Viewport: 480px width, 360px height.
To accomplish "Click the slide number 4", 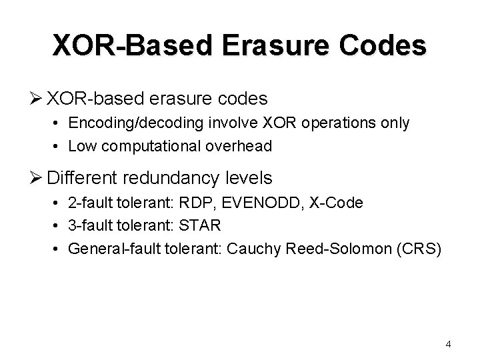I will [x=448, y=344].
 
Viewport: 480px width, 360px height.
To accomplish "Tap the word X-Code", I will [x=336, y=203].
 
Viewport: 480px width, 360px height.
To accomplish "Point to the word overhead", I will [x=239, y=146].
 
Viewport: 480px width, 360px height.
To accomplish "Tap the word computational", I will [x=150, y=146].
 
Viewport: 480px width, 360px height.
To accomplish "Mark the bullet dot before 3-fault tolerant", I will [x=59, y=227].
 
